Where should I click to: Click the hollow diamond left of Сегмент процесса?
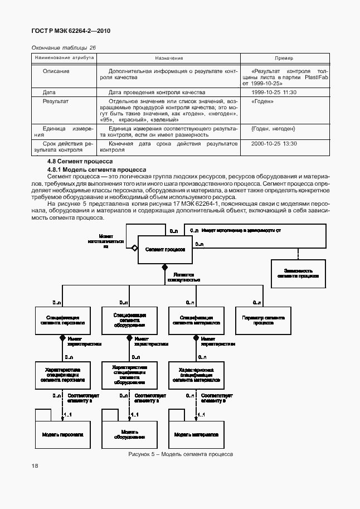point(134,248)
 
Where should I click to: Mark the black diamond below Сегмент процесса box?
point(165,268)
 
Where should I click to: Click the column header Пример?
point(284,59)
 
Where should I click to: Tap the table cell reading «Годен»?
point(262,102)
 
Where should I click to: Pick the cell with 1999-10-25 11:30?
point(274,92)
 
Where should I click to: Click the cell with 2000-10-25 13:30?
point(274,143)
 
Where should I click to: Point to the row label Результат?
point(56,102)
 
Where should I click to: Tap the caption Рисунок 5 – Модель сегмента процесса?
point(180,454)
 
